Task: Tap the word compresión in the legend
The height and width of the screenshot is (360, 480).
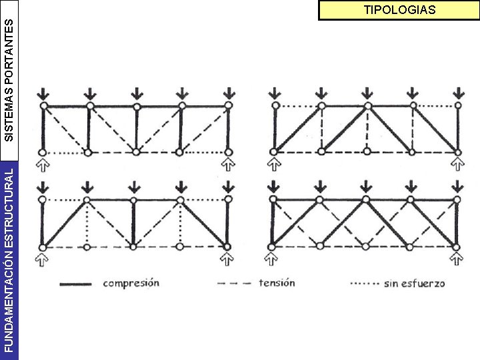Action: pos(131,283)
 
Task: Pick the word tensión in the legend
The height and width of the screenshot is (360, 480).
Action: pos(277,283)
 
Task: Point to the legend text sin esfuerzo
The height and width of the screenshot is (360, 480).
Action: pos(414,283)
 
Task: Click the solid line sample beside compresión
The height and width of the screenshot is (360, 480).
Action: pos(76,284)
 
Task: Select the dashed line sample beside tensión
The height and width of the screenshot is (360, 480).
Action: pos(235,283)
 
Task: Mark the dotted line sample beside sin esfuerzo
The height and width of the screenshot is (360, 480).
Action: pos(365,284)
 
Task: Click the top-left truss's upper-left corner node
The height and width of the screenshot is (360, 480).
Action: pos(43,105)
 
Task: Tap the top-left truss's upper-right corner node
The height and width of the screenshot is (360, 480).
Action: pos(228,105)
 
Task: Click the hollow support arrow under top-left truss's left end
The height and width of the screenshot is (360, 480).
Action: pos(43,163)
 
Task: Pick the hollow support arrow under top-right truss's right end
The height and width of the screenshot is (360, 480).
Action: pos(458,163)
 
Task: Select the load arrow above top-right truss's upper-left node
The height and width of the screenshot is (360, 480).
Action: pos(273,92)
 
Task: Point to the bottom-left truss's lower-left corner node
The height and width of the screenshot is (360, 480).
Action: pos(43,247)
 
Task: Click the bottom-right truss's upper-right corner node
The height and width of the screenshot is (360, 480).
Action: pos(458,199)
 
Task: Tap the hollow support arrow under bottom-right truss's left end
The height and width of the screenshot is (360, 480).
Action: pos(272,258)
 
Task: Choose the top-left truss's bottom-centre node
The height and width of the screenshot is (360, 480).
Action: pos(135,152)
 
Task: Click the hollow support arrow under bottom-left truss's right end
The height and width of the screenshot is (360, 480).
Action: pos(227,258)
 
